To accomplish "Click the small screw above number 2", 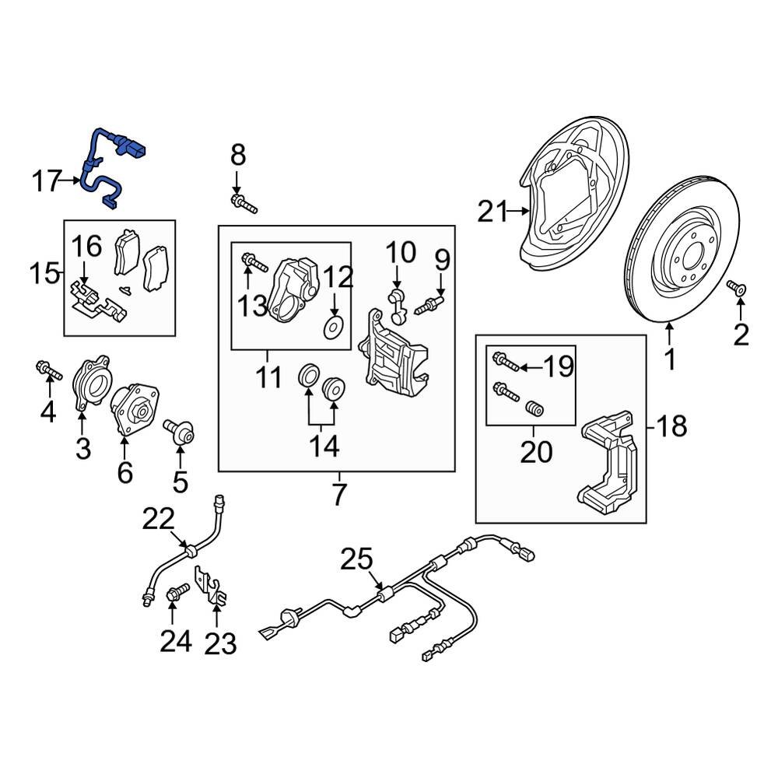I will click(x=737, y=289).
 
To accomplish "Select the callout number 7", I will click(x=338, y=495).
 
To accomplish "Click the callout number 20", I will click(x=534, y=450).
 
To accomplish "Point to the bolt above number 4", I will click(x=48, y=372).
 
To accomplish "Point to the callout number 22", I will click(x=159, y=520).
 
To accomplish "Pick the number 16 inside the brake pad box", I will click(x=87, y=247).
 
